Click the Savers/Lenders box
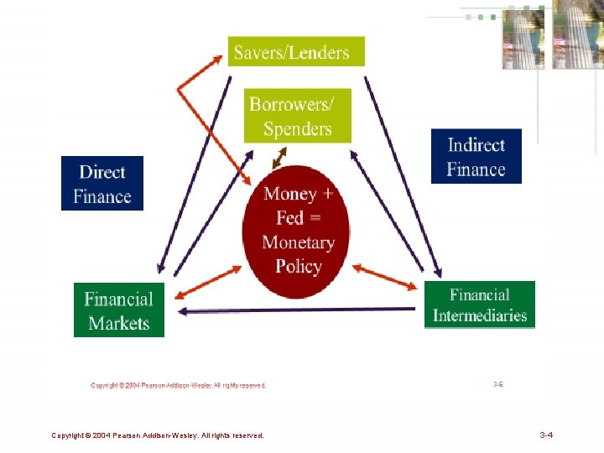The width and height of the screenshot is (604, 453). [x=296, y=51]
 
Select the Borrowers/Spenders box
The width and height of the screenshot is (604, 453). [x=298, y=116]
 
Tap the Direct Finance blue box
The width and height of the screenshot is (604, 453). [x=102, y=184]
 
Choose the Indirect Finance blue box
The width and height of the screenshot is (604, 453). [x=476, y=156]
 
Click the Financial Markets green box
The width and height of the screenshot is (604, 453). [x=119, y=310]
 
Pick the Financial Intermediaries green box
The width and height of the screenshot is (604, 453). [x=479, y=305]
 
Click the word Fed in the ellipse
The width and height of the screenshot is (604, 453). [x=289, y=218]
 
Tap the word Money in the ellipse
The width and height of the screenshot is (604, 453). [x=290, y=194]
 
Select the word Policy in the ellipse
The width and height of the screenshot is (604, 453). [x=299, y=267]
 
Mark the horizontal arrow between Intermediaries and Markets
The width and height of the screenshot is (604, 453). [x=298, y=310]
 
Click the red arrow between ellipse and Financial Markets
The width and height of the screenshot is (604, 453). [x=206, y=283]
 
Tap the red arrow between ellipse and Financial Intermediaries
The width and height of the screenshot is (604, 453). [x=384, y=279]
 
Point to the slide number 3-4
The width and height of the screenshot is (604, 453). [x=545, y=435]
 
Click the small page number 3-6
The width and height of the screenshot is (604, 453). [x=498, y=383]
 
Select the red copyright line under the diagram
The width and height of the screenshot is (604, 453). [x=178, y=386]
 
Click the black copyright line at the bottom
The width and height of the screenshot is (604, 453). [x=158, y=435]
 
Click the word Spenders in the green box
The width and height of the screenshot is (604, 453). [x=298, y=129]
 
